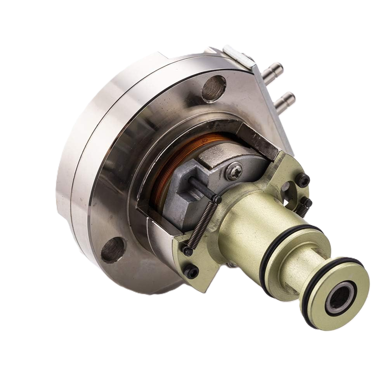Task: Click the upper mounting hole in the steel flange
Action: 214,88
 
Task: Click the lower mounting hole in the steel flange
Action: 113,249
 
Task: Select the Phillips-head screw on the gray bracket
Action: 234,171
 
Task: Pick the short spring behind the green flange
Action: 302,210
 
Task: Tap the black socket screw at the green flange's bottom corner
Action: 191,272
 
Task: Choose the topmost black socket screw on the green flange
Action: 303,180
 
